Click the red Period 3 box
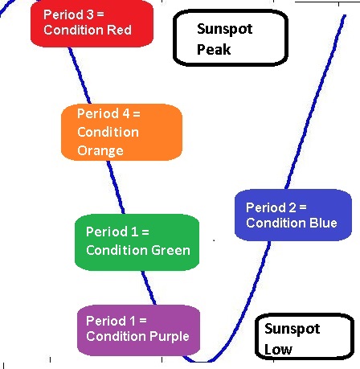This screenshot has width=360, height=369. click(x=92, y=23)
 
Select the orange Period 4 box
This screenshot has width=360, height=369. click(x=121, y=132)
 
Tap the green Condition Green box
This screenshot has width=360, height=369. click(x=137, y=242)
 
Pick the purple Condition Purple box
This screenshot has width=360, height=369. click(x=138, y=330)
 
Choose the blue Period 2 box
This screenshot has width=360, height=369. click(x=293, y=215)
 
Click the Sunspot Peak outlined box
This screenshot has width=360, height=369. click(x=231, y=38)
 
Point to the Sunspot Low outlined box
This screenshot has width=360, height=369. click(x=305, y=337)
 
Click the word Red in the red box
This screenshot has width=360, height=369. click(x=119, y=30)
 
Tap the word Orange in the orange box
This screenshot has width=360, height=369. click(x=100, y=150)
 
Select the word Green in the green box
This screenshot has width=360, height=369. click(x=171, y=250)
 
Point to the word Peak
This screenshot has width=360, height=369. click(x=214, y=49)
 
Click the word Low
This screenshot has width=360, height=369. click(x=278, y=350)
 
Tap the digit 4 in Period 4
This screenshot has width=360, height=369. click(x=126, y=113)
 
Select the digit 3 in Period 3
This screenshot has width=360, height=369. click(x=90, y=14)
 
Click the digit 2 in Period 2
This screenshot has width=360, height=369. click(x=292, y=207)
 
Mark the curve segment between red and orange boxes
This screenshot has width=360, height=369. click(x=80, y=76)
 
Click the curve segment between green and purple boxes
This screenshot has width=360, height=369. click(x=149, y=288)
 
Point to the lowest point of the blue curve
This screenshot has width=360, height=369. click(x=200, y=362)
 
